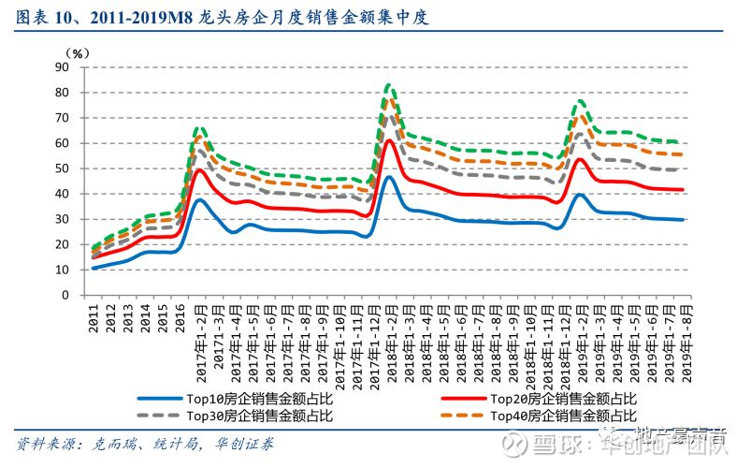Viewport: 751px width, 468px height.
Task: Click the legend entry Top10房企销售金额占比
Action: pyautogui.click(x=265, y=398)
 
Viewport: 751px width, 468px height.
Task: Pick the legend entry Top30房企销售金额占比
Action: pyautogui.click(x=265, y=415)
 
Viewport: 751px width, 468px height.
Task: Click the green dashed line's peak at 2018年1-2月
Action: pyautogui.click(x=389, y=85)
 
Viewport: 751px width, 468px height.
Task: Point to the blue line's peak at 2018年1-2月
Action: pyautogui.click(x=389, y=176)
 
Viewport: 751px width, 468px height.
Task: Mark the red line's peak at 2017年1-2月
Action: pyautogui.click(x=199, y=169)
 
